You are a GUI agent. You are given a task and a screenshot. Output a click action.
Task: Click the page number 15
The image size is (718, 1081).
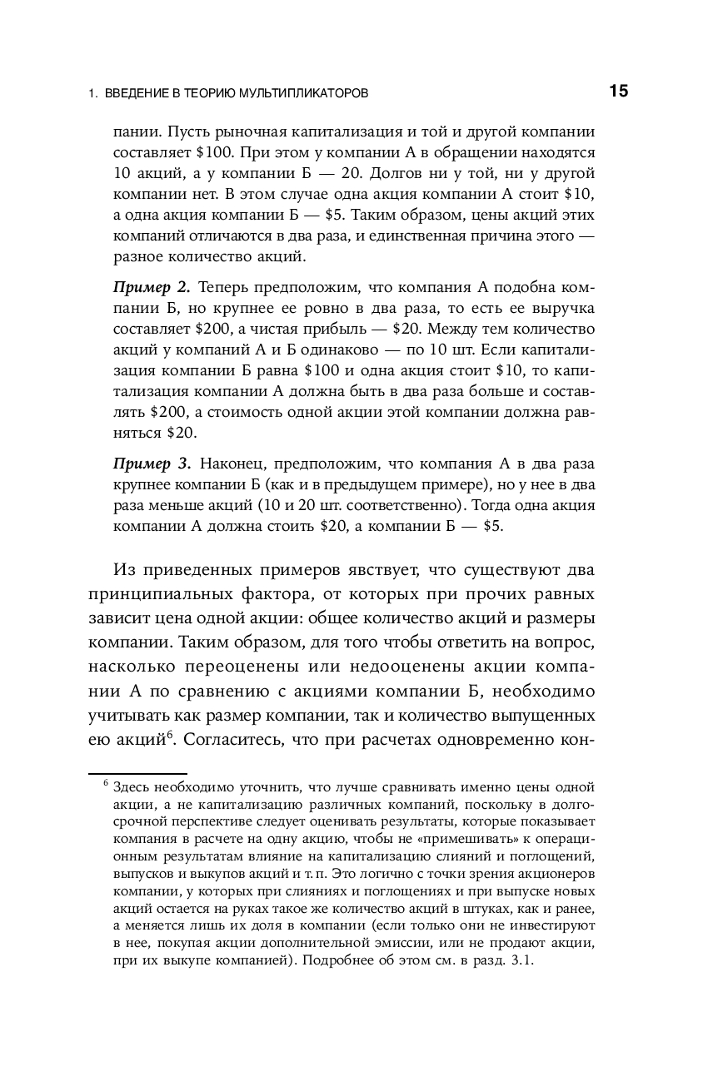pos(618,92)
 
